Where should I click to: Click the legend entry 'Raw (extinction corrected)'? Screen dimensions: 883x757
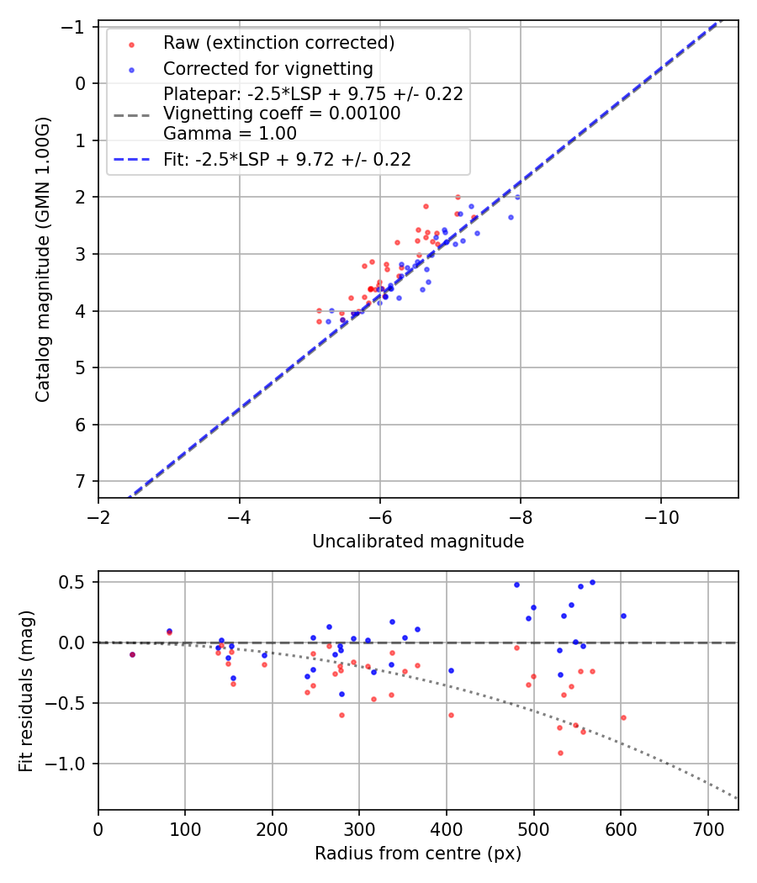[x=278, y=43]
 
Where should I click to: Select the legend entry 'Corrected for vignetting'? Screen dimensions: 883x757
[x=267, y=68]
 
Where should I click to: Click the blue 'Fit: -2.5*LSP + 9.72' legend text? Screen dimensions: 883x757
[x=287, y=159]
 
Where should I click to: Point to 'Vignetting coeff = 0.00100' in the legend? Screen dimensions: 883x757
[x=282, y=114]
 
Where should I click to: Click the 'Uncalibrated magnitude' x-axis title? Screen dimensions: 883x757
[x=418, y=542]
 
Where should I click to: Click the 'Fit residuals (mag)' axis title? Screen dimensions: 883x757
[x=26, y=690]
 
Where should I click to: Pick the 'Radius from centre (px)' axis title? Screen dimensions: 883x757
[x=418, y=854]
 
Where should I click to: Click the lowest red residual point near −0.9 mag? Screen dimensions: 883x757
[x=560, y=753]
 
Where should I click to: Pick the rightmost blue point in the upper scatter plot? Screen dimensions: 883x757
[x=517, y=197]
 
